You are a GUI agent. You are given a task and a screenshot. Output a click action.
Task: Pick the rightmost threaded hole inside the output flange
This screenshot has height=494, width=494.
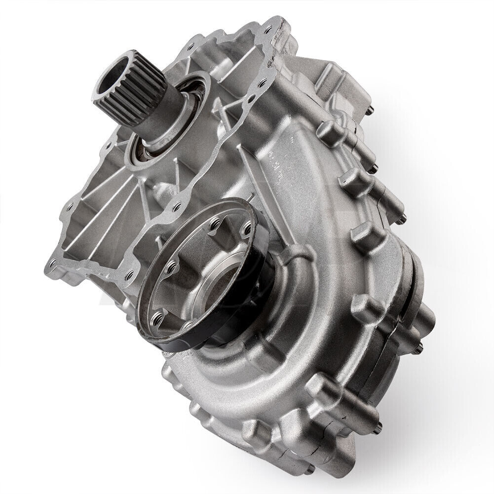tap(247, 228)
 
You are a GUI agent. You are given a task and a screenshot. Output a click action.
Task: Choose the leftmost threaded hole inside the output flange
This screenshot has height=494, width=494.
tap(156, 316)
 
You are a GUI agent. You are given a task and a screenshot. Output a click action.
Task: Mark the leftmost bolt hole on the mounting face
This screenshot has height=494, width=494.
tap(52, 262)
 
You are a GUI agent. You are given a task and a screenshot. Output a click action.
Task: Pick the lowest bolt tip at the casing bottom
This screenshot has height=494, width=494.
tap(310, 469)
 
